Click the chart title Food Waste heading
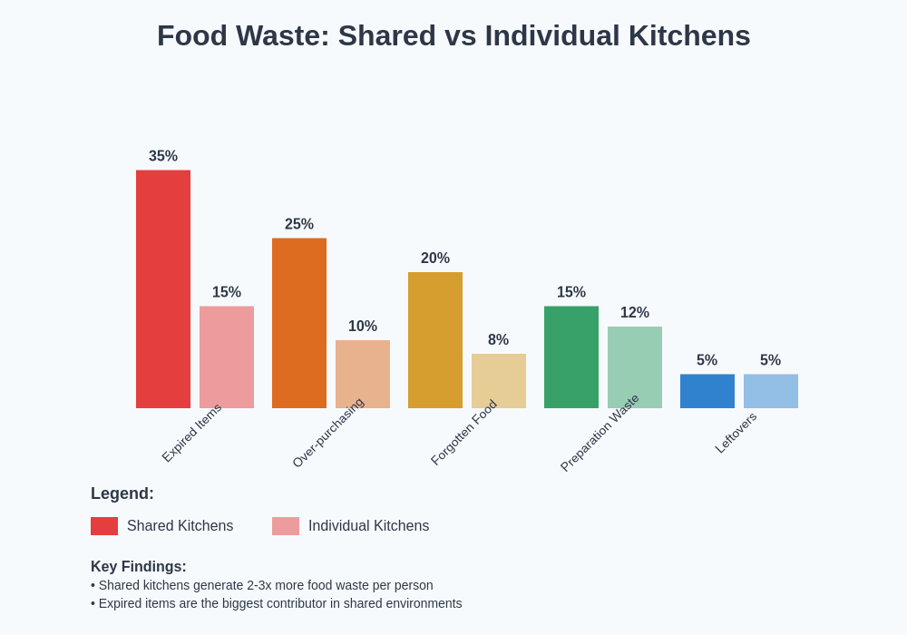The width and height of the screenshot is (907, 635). point(453,36)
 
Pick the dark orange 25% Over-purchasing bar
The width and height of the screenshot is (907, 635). point(299,323)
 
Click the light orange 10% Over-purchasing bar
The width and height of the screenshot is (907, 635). point(363,374)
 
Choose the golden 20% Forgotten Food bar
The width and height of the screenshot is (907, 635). point(435,340)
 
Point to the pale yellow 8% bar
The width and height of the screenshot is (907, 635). point(499,381)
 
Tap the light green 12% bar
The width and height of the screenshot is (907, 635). point(635,367)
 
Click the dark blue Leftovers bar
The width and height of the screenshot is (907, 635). point(707,391)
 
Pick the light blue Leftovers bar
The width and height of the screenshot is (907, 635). point(771,391)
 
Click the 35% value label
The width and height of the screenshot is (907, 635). point(163,156)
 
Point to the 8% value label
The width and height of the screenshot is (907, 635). point(498,340)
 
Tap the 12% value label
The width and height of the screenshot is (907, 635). point(635,313)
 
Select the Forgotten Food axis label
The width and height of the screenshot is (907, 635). point(463,433)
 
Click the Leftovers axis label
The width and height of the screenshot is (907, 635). point(736,433)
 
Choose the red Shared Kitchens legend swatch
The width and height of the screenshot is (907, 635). point(104,526)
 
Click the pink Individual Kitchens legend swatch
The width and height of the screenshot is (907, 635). point(286,526)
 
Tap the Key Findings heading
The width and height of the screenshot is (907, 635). point(139,567)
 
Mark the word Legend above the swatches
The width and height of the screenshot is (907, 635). point(122,493)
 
